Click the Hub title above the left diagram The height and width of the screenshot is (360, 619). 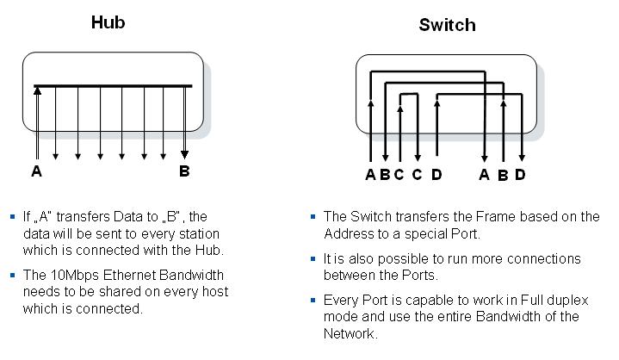point(108,22)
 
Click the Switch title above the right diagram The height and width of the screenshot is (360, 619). point(447,25)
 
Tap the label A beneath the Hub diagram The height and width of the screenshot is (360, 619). point(36,171)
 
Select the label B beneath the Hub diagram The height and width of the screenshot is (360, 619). point(184,171)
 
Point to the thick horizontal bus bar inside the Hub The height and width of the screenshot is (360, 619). point(112,86)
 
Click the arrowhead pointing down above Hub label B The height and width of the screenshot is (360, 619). point(184,155)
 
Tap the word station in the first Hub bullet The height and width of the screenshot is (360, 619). point(198,233)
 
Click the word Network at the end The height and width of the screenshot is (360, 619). point(350,333)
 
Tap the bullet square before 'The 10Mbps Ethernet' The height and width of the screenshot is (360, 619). point(12,275)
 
